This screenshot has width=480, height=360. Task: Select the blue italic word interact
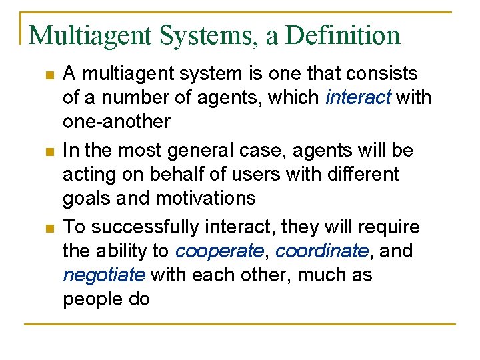point(359,98)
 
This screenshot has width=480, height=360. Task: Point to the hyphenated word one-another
point(117,122)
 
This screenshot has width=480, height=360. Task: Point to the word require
point(387,227)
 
